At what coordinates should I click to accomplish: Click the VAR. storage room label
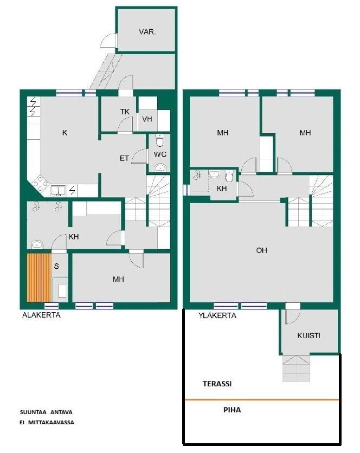point(147,32)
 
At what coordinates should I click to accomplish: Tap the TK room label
point(125,112)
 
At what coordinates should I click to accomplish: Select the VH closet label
point(147,119)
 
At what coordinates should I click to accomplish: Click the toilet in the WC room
point(159,140)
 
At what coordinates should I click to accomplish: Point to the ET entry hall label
point(124,158)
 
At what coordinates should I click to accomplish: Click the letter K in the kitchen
point(65,133)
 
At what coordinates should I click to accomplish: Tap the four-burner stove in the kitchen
point(40,184)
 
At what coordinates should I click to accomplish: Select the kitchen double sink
point(58,191)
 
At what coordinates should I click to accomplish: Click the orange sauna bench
point(39,278)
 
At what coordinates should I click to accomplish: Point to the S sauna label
point(56,266)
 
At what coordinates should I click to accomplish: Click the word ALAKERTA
point(41,315)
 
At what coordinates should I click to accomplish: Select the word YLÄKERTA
point(217,315)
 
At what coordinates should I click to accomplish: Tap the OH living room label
point(261,250)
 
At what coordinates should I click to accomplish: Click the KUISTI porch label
point(308,335)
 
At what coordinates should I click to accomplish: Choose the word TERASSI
point(217,384)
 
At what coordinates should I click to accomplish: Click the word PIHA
point(232,410)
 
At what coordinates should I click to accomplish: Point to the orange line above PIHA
point(262,399)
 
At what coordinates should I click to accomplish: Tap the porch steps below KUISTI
point(296,368)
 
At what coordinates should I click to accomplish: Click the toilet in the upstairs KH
point(229,176)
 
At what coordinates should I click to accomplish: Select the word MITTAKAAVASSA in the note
point(51,422)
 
